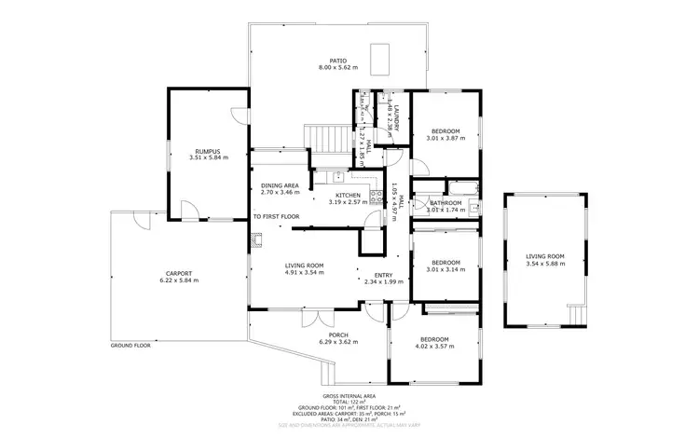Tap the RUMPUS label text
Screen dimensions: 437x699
click(207, 151)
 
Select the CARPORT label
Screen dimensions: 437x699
click(179, 273)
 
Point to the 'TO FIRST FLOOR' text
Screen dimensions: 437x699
click(276, 216)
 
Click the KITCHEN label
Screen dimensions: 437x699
click(348, 195)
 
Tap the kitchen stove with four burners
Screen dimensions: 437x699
click(377, 197)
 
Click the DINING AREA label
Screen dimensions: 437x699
click(280, 185)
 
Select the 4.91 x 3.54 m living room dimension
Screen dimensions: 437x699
click(304, 273)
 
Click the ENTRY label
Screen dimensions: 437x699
click(383, 275)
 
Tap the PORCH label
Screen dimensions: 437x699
click(337, 335)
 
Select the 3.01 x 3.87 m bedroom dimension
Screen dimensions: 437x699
click(445, 138)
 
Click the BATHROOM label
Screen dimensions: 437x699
click(445, 202)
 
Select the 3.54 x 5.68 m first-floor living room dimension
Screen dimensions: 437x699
click(545, 264)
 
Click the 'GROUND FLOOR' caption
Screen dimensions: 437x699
click(130, 346)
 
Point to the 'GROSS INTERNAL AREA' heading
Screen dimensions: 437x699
click(349, 396)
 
